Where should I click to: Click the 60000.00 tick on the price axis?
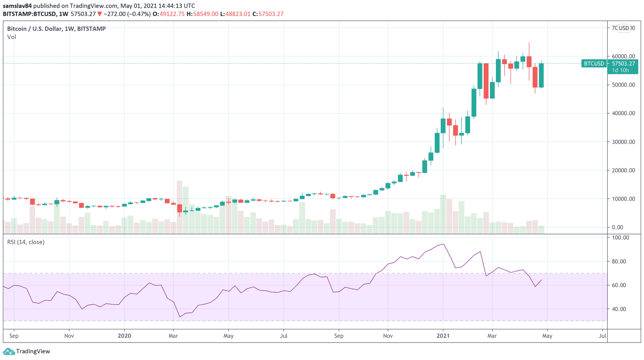click(x=623, y=57)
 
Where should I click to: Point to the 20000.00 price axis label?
click(x=623, y=171)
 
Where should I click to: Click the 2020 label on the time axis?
click(x=124, y=336)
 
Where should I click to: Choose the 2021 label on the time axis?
click(x=443, y=336)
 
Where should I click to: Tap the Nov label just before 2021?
click(x=388, y=336)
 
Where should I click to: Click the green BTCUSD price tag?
click(x=594, y=64)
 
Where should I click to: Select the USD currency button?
click(x=624, y=28)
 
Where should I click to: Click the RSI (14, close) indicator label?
click(x=26, y=242)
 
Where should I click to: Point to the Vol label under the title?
click(x=12, y=37)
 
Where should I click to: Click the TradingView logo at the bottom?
click(x=26, y=351)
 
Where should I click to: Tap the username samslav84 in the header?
click(x=17, y=6)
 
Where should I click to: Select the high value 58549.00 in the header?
click(x=205, y=14)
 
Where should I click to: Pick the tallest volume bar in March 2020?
click(x=180, y=207)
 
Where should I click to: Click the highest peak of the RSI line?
click(x=443, y=244)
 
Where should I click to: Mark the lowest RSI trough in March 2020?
click(x=180, y=317)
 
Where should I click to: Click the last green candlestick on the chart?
click(x=541, y=76)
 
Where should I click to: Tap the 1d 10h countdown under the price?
click(x=620, y=70)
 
